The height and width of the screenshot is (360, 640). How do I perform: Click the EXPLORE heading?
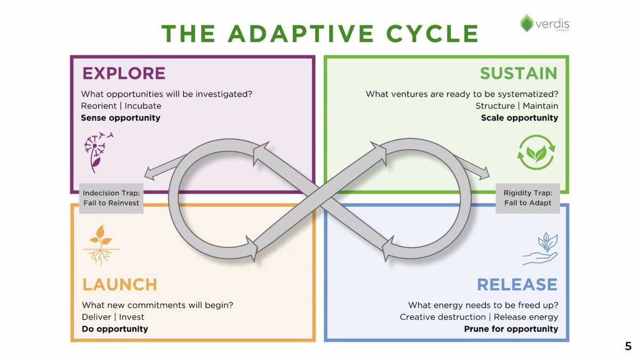pos(123,73)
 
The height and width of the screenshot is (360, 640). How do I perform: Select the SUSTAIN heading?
pos(518,73)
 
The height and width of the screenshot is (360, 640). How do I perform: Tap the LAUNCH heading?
pos(119,284)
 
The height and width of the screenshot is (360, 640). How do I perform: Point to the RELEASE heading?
pos(517,284)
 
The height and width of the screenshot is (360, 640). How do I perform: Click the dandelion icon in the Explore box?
pos(98,152)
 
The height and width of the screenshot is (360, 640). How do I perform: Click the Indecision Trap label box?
pos(111,198)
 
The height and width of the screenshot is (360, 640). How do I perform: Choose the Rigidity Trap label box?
pos(527,198)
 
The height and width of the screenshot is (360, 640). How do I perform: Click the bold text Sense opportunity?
pos(121,117)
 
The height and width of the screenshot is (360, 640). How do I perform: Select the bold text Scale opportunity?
pos(519,117)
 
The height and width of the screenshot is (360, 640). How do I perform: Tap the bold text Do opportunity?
pos(115,329)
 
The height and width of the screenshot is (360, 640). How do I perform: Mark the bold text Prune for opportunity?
pos(511,329)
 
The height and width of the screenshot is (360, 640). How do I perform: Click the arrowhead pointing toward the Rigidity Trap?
pos(482,173)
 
